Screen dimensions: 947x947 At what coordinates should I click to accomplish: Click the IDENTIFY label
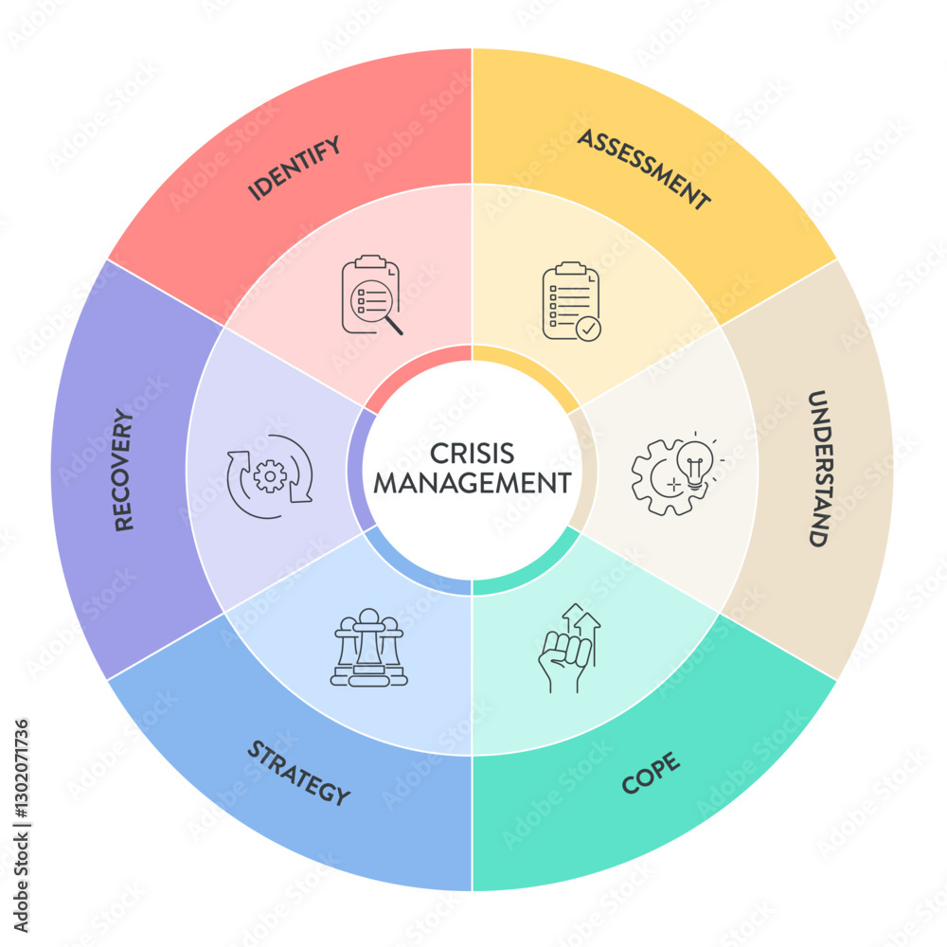(294, 169)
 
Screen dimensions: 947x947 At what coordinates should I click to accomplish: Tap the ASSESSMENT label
(644, 170)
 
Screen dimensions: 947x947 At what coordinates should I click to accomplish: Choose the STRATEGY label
(298, 773)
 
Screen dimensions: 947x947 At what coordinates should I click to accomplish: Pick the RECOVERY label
(124, 470)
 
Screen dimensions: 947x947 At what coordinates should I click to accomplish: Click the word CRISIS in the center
(472, 454)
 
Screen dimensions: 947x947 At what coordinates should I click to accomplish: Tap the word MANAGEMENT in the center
(472, 483)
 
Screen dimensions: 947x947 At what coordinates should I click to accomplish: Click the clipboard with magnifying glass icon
(371, 295)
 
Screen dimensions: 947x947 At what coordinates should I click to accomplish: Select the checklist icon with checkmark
(571, 301)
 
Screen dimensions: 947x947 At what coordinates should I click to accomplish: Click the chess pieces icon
(368, 649)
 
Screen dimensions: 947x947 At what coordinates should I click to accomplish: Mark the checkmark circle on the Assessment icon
(588, 330)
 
